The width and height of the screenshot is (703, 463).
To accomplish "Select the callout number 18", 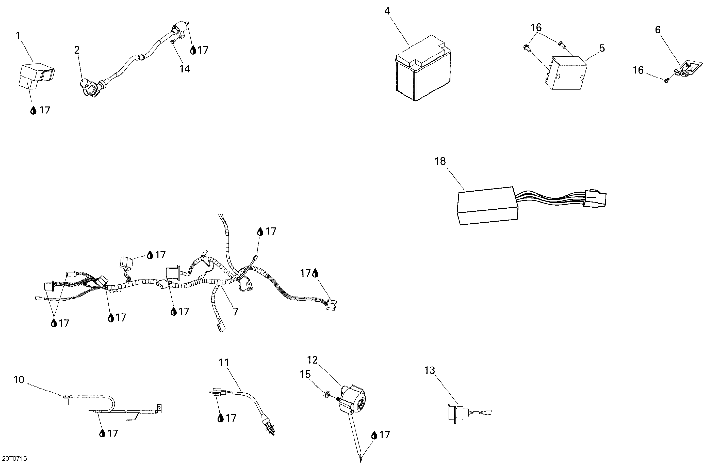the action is click(440, 161).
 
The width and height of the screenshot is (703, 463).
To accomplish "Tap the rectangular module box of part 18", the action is click(487, 206).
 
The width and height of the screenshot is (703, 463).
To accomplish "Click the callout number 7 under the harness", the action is click(235, 312).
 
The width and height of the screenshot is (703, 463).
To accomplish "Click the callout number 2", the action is click(77, 50).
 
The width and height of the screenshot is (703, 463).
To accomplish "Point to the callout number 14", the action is click(185, 69).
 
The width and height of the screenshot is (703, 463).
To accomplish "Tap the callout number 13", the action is click(430, 370).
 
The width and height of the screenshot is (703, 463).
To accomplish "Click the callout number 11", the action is click(224, 362).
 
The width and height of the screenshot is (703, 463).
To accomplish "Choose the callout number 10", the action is click(19, 380).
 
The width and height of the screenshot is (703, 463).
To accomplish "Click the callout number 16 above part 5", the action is click(536, 27).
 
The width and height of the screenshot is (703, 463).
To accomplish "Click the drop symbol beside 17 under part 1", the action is click(33, 111).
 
